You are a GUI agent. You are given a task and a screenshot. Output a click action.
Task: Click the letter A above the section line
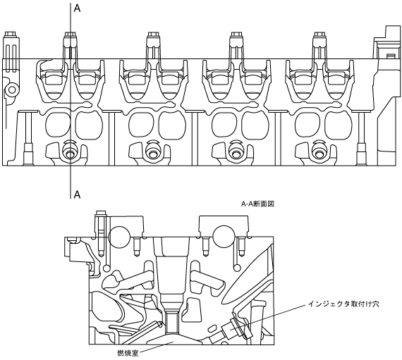pos(77,8)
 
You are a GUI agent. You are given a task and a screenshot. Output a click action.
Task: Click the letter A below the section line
pos(77,194)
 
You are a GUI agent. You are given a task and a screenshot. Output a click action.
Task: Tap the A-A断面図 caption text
pos(257,204)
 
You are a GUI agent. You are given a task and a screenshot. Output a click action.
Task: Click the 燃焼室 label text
pos(128,354)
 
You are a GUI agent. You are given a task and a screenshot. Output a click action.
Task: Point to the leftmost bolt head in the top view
pos(10,34)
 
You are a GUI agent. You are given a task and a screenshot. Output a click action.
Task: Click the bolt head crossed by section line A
pos(71,35)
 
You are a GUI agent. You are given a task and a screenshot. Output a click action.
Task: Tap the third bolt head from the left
pos(153,35)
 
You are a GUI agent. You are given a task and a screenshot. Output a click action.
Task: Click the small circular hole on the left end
pos(12,90)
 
